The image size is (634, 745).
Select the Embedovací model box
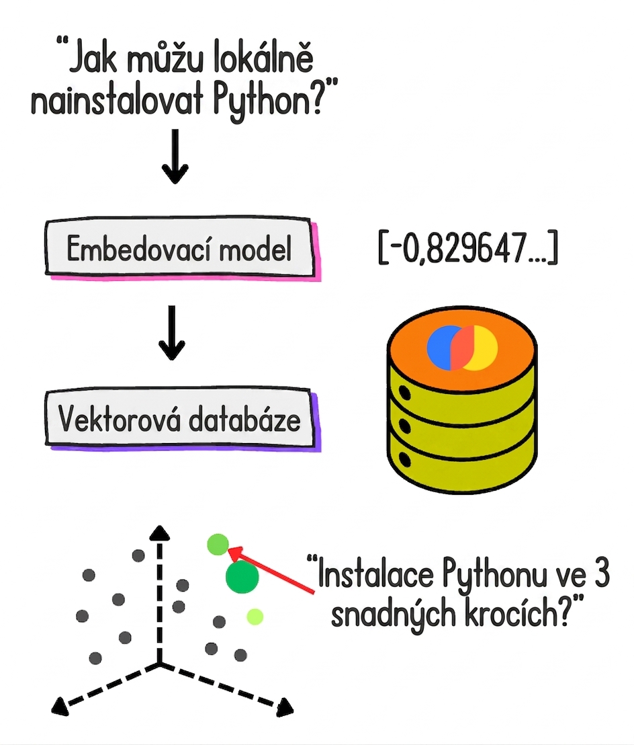point(181,247)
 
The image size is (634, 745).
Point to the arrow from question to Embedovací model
point(175,156)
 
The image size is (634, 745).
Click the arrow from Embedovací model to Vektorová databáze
point(172,333)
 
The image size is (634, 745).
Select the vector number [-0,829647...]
point(468,247)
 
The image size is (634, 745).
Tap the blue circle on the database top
point(441,348)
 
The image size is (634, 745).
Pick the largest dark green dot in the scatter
point(242,577)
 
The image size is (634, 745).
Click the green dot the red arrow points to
point(218,545)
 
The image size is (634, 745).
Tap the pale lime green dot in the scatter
point(255,617)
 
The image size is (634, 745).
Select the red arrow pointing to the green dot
point(271,571)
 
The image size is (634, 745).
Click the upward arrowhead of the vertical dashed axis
point(159,533)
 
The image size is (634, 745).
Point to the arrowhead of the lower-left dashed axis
point(60,705)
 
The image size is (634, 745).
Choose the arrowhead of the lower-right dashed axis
point(285,707)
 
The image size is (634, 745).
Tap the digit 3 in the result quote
point(601,574)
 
